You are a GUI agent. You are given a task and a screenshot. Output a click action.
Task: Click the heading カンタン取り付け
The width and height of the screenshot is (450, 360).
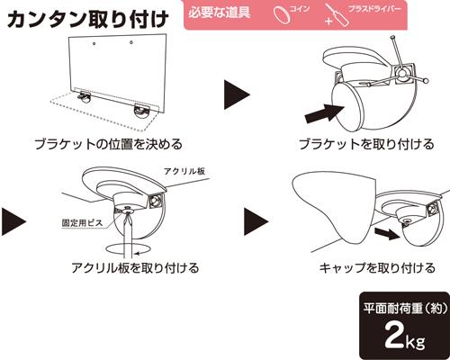click(87, 20)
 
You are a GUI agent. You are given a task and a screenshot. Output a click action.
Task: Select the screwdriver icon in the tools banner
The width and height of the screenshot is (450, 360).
click(337, 16)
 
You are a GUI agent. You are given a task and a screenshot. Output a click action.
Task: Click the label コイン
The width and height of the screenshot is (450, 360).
click(300, 9)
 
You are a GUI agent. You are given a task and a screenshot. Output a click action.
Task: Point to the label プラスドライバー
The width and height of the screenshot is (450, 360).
click(374, 8)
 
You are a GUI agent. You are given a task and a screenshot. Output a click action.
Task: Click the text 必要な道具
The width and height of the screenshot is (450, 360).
click(220, 13)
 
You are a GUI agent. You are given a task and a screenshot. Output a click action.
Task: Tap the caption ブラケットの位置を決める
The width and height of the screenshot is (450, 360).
click(109, 144)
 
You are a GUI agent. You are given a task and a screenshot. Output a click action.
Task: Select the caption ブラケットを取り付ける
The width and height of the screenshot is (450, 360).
click(366, 144)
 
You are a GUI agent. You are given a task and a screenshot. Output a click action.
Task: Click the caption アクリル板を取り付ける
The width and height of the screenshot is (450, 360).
click(135, 267)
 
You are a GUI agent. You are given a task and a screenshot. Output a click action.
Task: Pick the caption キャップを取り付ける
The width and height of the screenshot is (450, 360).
click(377, 267)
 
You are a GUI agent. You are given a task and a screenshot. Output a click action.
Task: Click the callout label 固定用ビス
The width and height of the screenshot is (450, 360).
click(82, 223)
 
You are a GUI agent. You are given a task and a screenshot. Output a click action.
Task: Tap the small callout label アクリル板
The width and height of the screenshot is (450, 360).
click(184, 171)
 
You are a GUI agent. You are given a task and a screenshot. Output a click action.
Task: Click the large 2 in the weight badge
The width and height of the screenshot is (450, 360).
click(394, 335)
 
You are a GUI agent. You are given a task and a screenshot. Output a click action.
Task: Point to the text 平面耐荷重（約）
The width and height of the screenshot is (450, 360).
click(406, 308)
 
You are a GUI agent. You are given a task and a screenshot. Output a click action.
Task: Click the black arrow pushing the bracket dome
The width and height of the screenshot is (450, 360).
click(324, 113)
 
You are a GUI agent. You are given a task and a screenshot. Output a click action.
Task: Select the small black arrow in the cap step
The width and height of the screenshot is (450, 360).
click(387, 233)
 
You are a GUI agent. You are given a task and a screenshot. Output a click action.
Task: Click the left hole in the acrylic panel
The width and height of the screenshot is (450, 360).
click(94, 44)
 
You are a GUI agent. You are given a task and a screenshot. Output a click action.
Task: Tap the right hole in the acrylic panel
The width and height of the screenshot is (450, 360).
click(131, 42)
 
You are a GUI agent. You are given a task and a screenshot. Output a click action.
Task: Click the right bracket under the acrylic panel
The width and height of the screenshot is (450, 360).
click(143, 112)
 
